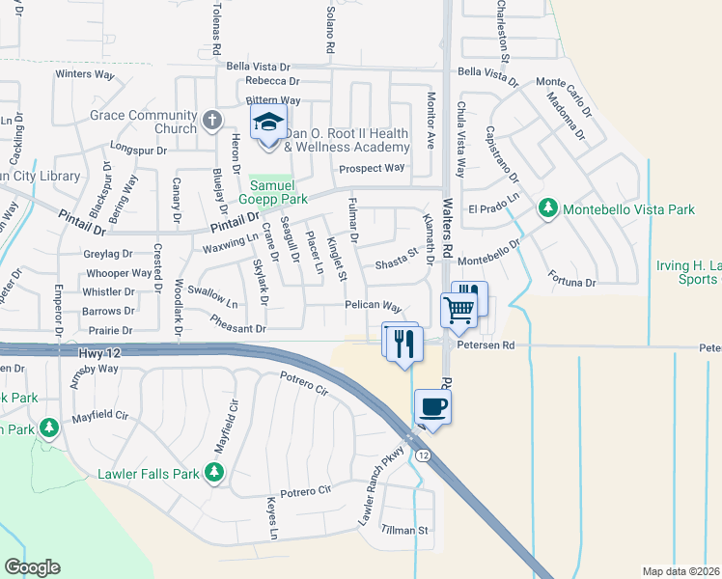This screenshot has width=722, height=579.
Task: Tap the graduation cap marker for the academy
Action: (x=268, y=124)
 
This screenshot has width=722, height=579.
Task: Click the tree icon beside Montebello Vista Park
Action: (x=548, y=207)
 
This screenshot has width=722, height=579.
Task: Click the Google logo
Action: (x=32, y=566)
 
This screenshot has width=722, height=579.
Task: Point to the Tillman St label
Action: (x=403, y=530)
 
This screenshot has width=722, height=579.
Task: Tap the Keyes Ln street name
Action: (x=273, y=519)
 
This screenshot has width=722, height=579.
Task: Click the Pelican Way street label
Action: (x=373, y=306)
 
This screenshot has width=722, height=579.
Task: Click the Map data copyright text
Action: (x=681, y=571)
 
